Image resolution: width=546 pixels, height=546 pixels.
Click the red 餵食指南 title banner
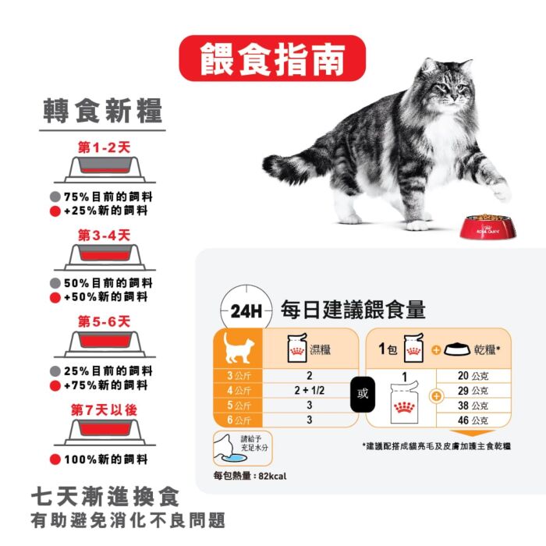pos(272,58)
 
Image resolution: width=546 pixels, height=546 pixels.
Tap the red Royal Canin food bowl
pos(487,227)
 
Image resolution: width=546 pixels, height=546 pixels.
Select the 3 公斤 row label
pos(239,376)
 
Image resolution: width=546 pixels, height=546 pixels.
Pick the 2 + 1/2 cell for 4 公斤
pos(310,390)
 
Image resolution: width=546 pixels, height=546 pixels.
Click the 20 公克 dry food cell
pos(473,376)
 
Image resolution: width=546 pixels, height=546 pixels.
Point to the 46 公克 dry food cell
pos(473,420)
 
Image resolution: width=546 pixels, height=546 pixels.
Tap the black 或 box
pos(363,394)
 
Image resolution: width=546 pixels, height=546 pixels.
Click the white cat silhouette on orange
pos(238,348)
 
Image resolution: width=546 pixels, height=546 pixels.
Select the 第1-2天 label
pos(104,147)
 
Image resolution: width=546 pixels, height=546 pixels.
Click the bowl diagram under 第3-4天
pos(105,257)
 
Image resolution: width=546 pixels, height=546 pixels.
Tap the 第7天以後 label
pos(104,409)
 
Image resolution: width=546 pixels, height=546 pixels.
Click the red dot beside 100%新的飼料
pos(55,459)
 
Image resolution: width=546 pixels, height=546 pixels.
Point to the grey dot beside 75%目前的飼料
pos(55,197)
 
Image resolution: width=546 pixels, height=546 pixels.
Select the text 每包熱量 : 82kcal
pos(250,476)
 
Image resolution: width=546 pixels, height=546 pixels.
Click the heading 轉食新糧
pos(103,111)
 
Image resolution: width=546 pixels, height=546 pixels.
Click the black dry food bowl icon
pos(457,349)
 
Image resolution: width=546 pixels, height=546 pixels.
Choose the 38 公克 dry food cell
pos(473,406)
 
